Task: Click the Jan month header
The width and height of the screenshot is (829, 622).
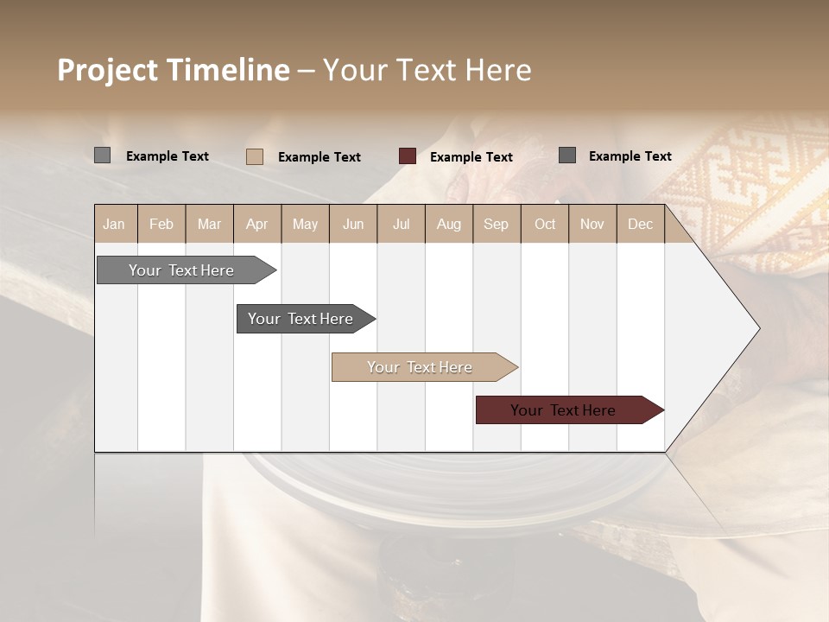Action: click(114, 225)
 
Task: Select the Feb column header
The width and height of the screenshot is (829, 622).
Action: click(161, 225)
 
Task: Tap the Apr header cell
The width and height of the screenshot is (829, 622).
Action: click(257, 225)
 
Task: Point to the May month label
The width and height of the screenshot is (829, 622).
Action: click(305, 225)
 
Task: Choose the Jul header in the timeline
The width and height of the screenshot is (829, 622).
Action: click(401, 225)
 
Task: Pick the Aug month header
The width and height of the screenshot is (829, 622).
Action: click(449, 225)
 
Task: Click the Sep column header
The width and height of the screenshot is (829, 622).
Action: click(497, 225)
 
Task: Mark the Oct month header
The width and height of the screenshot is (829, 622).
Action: click(545, 225)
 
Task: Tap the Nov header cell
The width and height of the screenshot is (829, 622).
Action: click(592, 225)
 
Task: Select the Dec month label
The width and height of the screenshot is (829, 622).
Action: click(641, 225)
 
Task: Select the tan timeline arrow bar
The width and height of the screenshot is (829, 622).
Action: click(421, 367)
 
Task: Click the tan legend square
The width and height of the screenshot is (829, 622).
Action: click(255, 156)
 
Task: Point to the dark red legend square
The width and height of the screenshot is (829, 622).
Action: click(408, 156)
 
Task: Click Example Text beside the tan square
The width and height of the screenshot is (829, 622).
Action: click(320, 157)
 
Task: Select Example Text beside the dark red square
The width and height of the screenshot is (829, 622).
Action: click(471, 157)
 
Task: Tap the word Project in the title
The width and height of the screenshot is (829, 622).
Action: click(107, 70)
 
